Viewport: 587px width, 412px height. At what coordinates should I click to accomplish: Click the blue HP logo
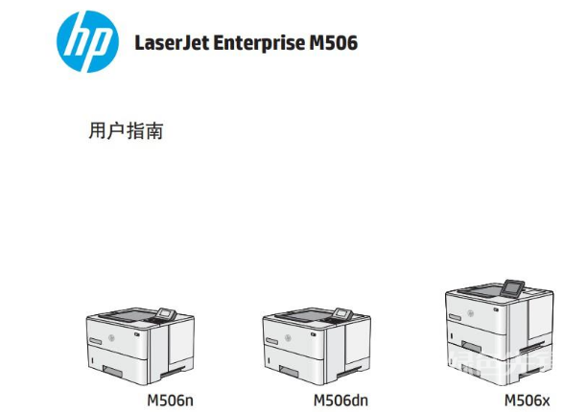pyautogui.click(x=87, y=43)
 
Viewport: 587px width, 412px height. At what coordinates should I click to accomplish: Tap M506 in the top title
pyautogui.click(x=331, y=43)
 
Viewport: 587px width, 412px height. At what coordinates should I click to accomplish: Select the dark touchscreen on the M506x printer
pyautogui.click(x=515, y=286)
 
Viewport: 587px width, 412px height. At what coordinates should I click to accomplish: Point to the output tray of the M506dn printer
pyautogui.click(x=304, y=315)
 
